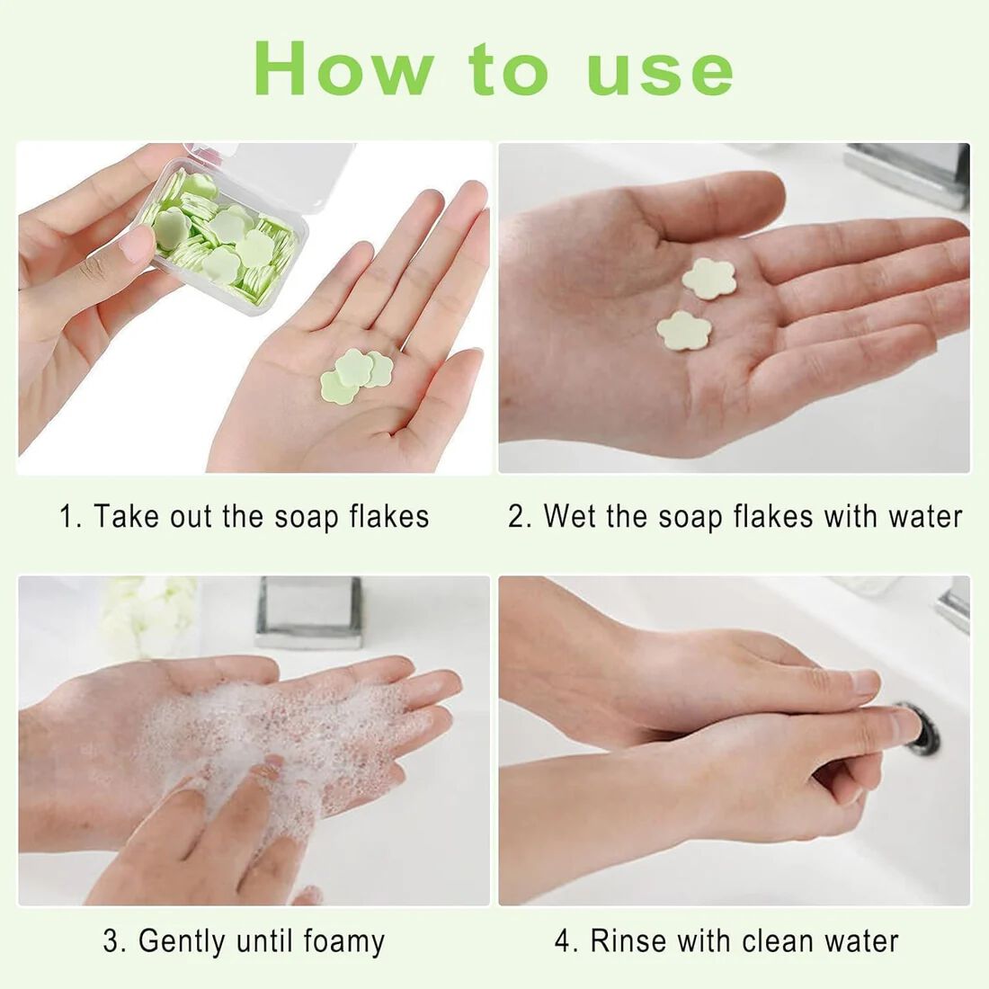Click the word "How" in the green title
(343, 68)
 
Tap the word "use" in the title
(661, 74)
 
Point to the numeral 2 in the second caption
(517, 517)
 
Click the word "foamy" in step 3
(343, 941)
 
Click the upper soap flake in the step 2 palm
(709, 279)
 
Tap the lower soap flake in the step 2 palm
(684, 331)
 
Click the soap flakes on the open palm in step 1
(356, 376)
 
